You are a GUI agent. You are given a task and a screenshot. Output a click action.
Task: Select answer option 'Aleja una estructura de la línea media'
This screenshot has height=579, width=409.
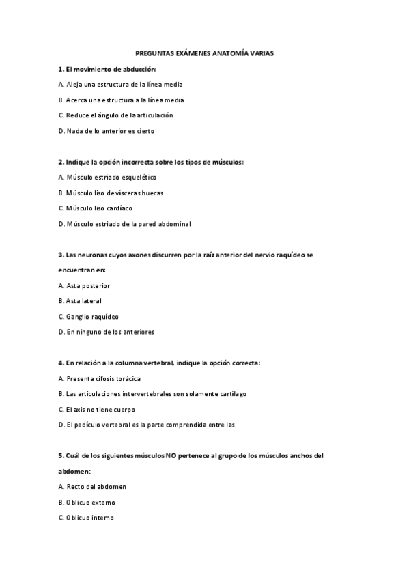tap(120, 85)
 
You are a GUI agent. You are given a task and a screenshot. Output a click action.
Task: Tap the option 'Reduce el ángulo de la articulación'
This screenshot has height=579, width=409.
tap(116, 115)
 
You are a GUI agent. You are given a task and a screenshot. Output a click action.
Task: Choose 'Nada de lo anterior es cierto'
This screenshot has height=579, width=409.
tap(111, 130)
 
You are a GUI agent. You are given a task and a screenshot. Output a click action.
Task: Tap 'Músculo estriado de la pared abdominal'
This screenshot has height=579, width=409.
tap(125, 223)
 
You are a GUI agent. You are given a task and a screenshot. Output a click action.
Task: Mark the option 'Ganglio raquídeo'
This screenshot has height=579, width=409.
tap(89, 316)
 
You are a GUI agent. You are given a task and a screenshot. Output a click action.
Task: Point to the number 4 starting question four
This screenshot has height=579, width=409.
tap(61, 363)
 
